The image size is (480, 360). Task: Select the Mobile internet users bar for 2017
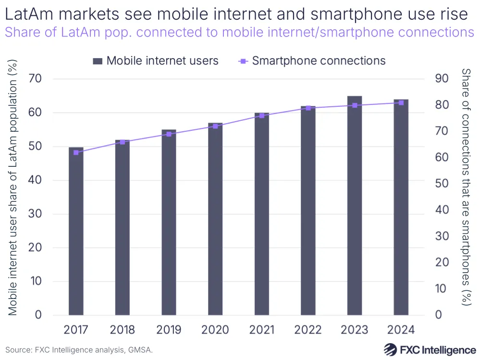pyautogui.click(x=76, y=231)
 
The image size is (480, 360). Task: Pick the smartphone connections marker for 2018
pyautogui.click(x=122, y=142)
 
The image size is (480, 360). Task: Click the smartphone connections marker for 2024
pyautogui.click(x=401, y=102)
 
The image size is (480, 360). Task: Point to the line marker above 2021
pyautogui.click(x=262, y=115)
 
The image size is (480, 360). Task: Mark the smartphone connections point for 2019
pyautogui.click(x=169, y=134)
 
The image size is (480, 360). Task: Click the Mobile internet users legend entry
pyautogui.click(x=156, y=61)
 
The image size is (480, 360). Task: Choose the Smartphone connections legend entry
pyautogui.click(x=312, y=61)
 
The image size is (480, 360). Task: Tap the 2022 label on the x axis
pyautogui.click(x=308, y=330)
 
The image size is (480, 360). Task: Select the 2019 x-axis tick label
pyautogui.click(x=169, y=330)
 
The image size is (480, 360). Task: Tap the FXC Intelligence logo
pyautogui.click(x=430, y=349)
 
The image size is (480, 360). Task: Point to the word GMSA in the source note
pyautogui.click(x=139, y=350)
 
